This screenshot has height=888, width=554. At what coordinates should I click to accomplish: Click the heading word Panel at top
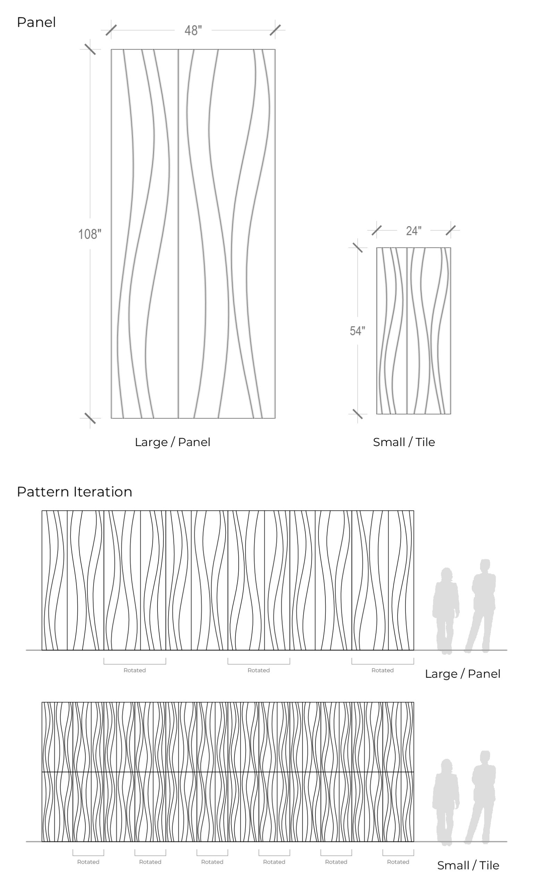36,22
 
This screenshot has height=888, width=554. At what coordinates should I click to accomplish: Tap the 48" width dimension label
193,31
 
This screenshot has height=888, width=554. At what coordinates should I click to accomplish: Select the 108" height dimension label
90,234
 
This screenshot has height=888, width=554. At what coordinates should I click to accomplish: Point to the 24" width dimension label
414,231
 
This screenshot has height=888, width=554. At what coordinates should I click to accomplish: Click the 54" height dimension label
357,331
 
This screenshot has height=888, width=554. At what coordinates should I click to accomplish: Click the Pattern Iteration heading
74,492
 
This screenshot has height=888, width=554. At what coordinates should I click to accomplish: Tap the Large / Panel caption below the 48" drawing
172,442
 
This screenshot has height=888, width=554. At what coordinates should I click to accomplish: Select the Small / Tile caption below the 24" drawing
404,442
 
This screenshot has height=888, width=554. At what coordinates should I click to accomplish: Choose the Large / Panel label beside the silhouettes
462,674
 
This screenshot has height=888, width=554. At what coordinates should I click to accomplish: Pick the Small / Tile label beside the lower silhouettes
468,865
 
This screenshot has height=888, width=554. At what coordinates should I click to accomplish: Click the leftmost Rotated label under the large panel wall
135,670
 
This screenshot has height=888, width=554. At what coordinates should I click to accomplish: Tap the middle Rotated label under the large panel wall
259,670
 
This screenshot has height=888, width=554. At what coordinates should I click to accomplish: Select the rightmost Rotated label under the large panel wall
383,670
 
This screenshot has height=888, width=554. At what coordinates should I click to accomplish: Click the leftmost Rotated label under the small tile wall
88,862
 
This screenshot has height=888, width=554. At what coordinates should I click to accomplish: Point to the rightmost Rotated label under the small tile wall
398,862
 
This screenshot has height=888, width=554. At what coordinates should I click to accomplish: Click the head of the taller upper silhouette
485,566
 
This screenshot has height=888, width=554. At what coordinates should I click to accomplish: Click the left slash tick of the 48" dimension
111,31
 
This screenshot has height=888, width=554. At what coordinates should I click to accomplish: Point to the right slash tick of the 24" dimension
451,230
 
